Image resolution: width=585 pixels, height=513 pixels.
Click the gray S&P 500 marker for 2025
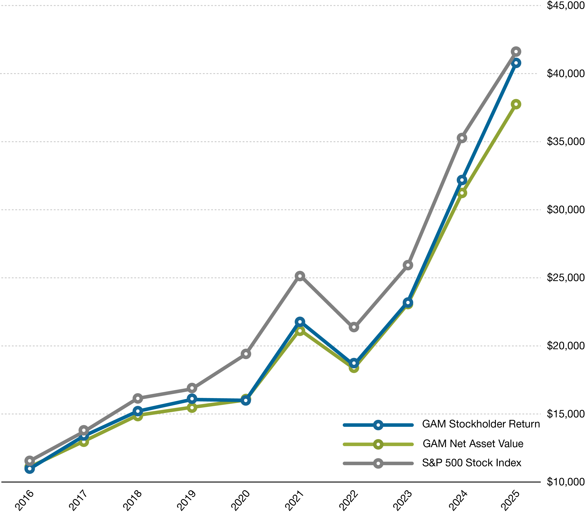(x=516, y=52)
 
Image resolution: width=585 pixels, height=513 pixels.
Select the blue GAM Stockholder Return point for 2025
(x=516, y=63)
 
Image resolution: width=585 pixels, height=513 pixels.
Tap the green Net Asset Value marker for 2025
(x=516, y=104)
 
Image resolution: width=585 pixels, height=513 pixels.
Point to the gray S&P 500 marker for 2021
(x=300, y=276)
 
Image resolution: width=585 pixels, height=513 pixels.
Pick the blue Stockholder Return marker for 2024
(x=462, y=180)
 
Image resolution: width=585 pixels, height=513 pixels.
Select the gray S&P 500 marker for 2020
(x=246, y=354)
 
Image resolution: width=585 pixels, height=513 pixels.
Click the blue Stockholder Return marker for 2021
(x=300, y=322)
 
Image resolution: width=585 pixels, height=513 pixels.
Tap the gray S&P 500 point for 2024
(x=462, y=138)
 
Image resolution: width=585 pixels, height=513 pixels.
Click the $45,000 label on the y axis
(x=565, y=5)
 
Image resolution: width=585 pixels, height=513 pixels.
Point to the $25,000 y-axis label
(x=565, y=277)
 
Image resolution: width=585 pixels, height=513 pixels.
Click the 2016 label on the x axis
(x=25, y=500)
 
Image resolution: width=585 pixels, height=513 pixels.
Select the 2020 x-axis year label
(x=241, y=500)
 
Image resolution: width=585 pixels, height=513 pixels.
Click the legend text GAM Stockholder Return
(x=481, y=424)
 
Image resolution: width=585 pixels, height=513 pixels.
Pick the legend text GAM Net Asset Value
(x=473, y=444)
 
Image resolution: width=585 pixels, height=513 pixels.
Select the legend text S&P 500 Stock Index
(x=472, y=463)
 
